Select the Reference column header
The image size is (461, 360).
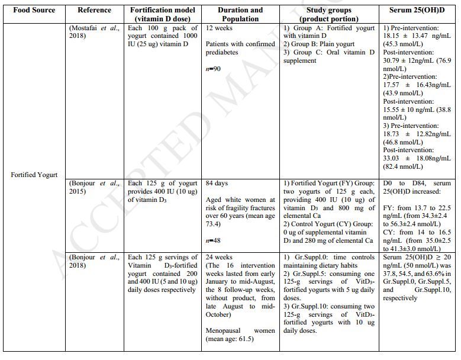pyautogui.click(x=94, y=10)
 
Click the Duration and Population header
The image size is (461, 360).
pyautogui.click(x=240, y=14)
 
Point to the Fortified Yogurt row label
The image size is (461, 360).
pyautogui.click(x=34, y=175)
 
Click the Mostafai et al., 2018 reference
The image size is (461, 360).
pyautogui.click(x=94, y=32)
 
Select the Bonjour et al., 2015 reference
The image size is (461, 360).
pyautogui.click(x=94, y=188)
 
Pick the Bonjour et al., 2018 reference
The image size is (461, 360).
pyautogui.click(x=94, y=261)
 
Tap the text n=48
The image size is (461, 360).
pyautogui.click(x=214, y=241)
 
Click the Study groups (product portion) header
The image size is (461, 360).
pyautogui.click(x=328, y=14)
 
